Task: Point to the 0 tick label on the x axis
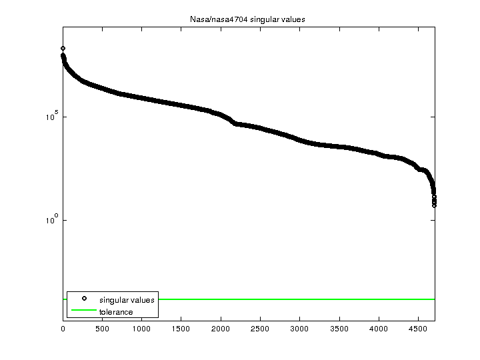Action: point(63,329)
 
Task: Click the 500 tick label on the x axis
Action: point(102,329)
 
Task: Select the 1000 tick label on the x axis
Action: point(141,329)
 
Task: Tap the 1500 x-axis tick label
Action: point(181,329)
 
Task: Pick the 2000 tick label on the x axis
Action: point(221,329)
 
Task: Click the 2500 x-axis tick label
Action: point(260,329)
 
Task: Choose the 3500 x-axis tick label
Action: point(339,329)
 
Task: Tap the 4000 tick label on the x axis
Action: point(379,329)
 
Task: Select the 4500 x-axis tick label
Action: point(418,329)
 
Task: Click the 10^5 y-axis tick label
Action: point(51,117)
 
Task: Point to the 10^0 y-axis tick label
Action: point(51,219)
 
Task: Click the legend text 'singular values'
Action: point(127,300)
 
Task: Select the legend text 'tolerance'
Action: point(116,312)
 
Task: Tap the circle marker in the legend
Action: point(84,299)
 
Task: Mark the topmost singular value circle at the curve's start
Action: point(63,49)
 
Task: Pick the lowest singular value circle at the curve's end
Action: point(434,205)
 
